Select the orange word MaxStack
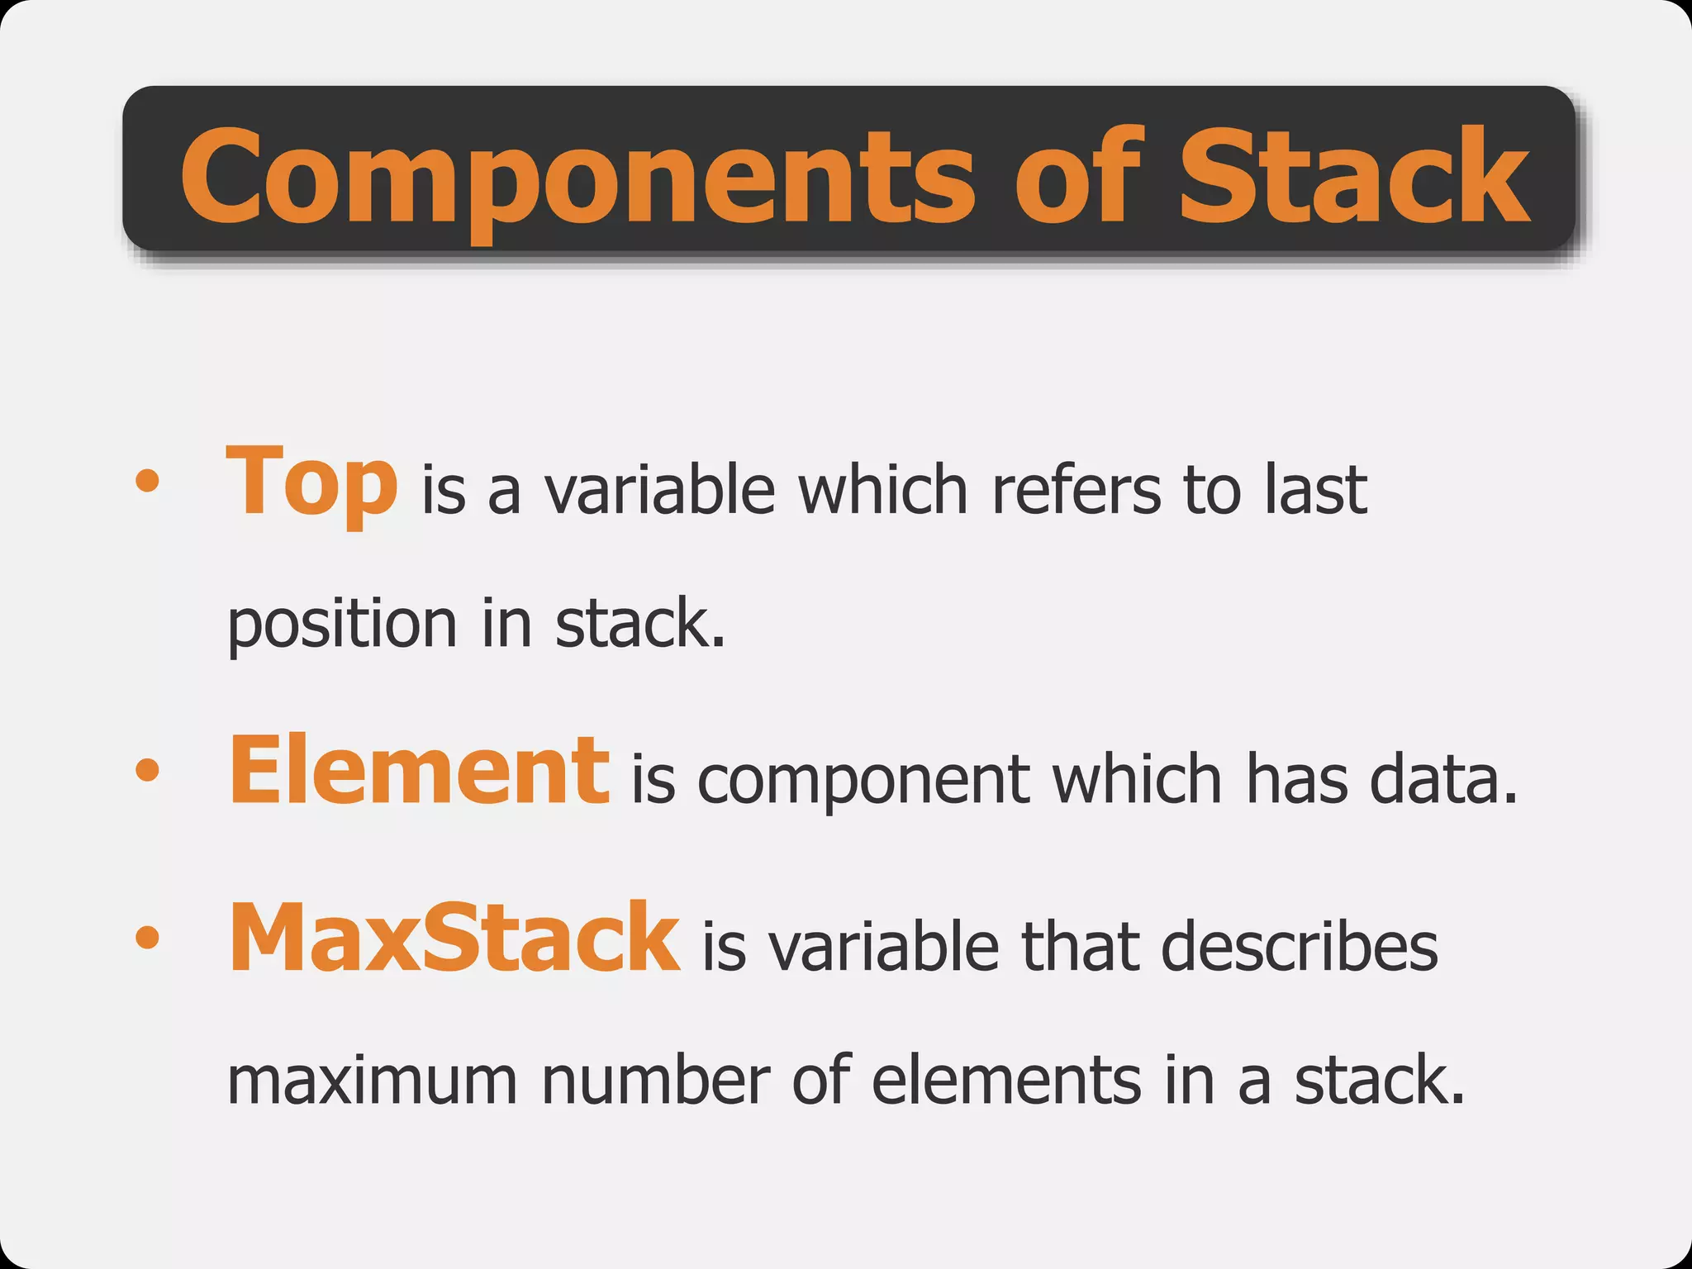(454, 939)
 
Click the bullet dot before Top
(147, 481)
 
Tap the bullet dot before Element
(147, 770)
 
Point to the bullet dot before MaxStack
(147, 938)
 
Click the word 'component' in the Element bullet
(864, 780)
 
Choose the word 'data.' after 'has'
(1443, 780)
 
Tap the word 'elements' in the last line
(1006, 1081)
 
